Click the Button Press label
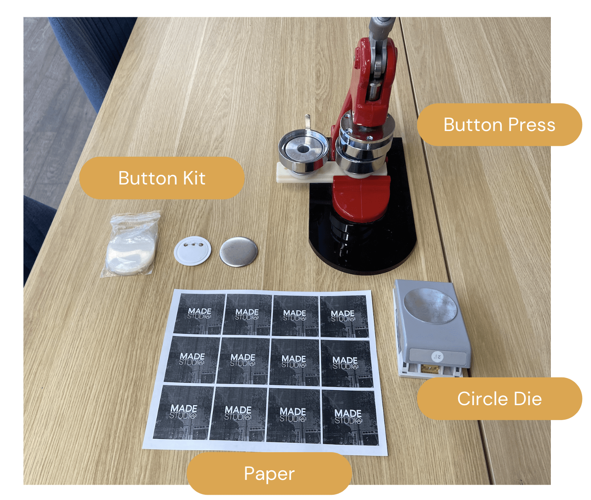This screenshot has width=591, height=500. (x=499, y=125)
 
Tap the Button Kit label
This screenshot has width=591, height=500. (x=162, y=178)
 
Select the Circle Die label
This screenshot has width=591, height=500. (x=499, y=399)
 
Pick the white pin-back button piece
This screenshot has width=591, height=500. (x=192, y=250)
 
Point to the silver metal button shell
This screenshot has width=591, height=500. (x=238, y=252)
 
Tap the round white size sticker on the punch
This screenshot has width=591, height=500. (x=438, y=356)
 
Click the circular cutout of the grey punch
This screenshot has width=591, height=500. (x=430, y=305)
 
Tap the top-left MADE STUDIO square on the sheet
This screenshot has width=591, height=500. (x=200, y=314)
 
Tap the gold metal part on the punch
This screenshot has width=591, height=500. (x=429, y=369)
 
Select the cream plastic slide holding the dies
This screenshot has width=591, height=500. (x=331, y=173)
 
